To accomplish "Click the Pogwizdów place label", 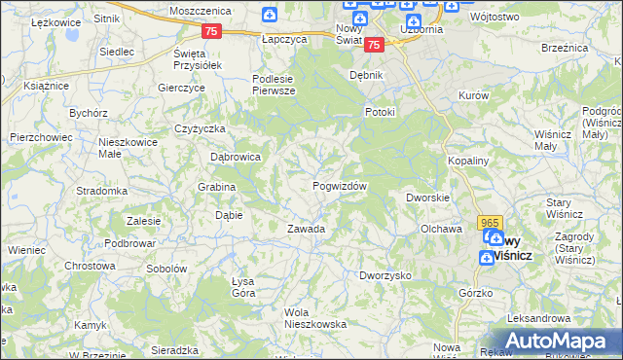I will [340, 186].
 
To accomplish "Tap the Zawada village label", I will [305, 229].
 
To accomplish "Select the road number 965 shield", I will [490, 223].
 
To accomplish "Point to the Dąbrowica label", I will [236, 156].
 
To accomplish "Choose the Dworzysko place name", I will [385, 275].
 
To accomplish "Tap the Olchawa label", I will [440, 229].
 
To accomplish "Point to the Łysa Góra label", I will [243, 287].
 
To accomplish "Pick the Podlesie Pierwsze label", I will [274, 85].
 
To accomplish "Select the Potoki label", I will [380, 112].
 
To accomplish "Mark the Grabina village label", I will [217, 186].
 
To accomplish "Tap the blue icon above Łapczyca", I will [271, 15].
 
